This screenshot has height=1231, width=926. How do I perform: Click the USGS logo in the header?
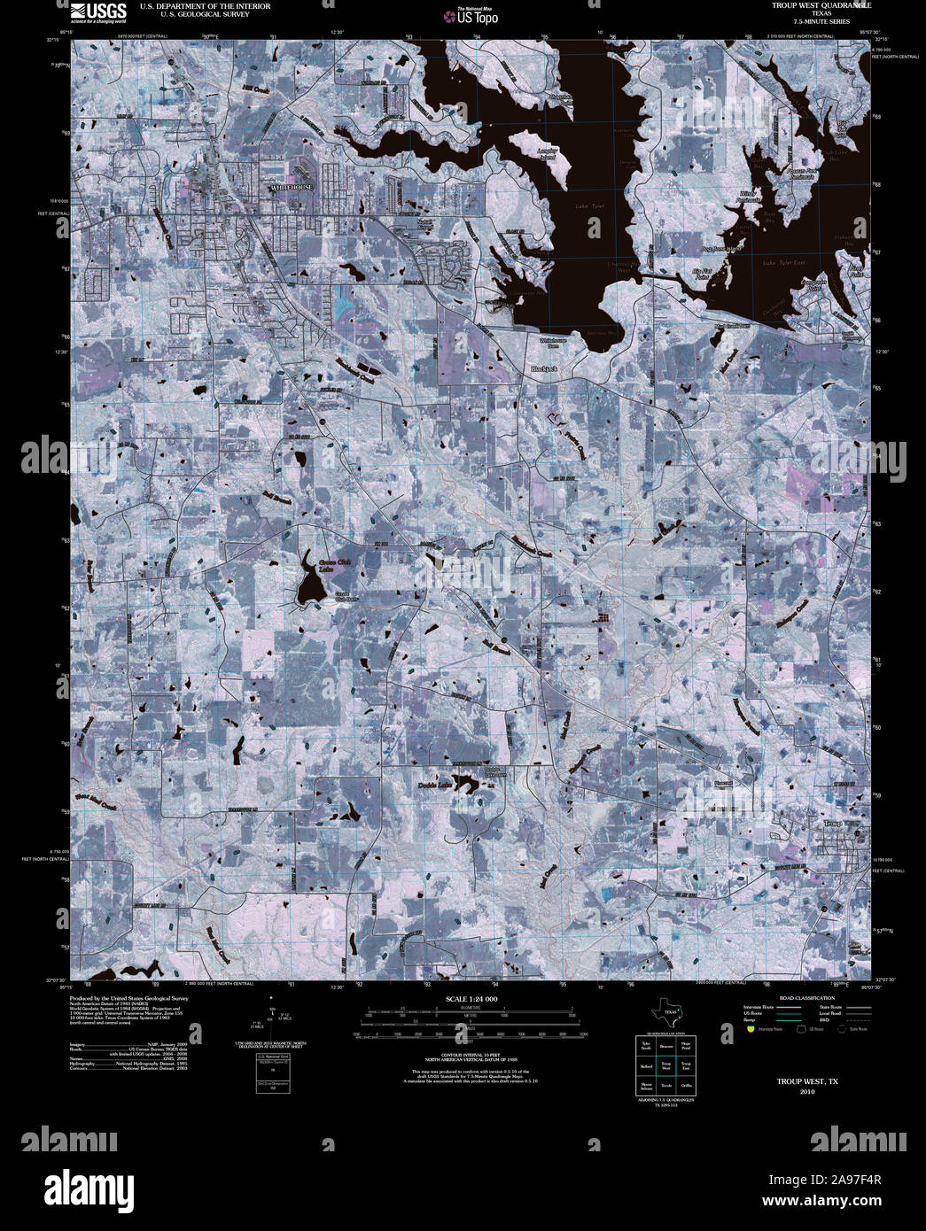click(99, 11)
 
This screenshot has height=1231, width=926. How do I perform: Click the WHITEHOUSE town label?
click(292, 188)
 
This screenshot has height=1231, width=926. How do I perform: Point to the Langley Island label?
click(548, 154)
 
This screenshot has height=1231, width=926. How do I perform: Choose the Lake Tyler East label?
click(784, 263)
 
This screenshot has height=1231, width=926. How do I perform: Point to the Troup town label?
click(832, 825)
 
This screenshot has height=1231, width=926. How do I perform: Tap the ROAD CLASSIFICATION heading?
click(806, 998)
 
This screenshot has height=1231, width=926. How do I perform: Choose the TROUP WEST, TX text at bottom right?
click(807, 1081)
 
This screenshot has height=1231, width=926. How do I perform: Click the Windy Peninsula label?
click(750, 196)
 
